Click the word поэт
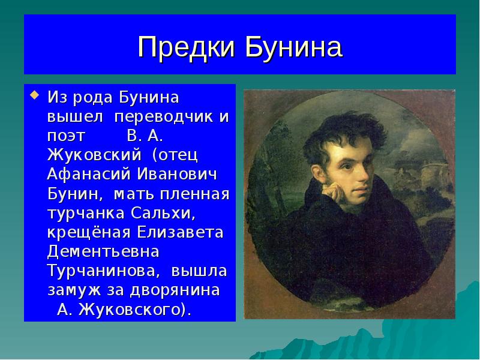[67, 134]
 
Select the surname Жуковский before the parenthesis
[94, 154]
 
